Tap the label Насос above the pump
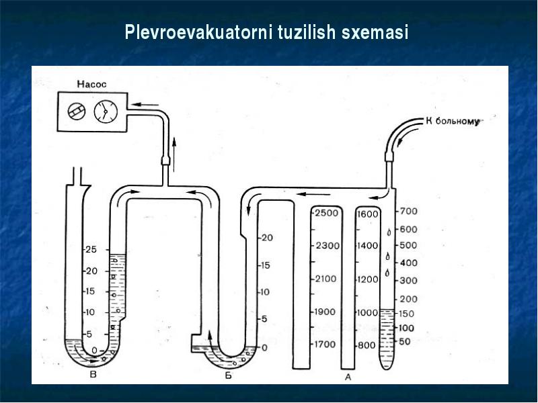91,85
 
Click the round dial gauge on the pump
106,111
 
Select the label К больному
453,122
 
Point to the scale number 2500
327,213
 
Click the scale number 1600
367,214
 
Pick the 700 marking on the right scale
408,211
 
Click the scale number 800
367,345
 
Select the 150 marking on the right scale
406,314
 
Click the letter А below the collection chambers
348,377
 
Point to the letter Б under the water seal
228,376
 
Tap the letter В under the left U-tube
93,374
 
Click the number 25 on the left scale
91,249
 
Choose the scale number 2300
328,246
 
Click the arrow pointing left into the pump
145,105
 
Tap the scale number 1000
367,312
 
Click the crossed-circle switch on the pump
77,111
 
